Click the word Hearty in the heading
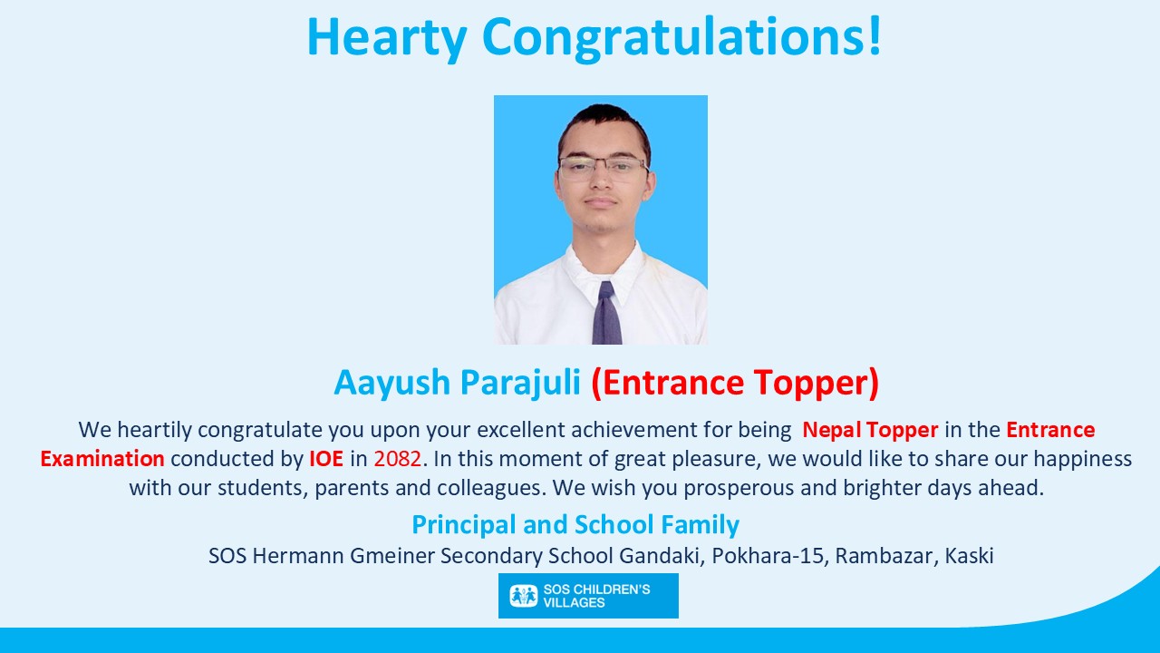coord(387,37)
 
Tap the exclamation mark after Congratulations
coord(875,35)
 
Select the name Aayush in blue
coord(392,383)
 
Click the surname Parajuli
coord(520,383)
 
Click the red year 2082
coord(397,459)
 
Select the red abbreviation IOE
coord(326,459)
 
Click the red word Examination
coord(102,459)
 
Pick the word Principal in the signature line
coord(464,524)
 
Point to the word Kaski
coord(970,556)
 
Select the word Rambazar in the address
coord(886,556)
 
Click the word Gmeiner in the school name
coord(392,556)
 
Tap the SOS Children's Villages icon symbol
coord(524,596)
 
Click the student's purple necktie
coord(606,313)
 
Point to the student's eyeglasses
coord(604,169)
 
